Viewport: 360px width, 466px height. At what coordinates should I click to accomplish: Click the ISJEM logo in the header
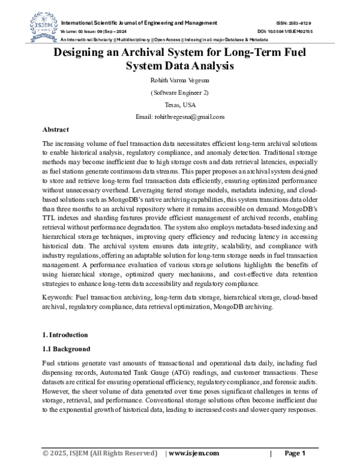click(x=37, y=26)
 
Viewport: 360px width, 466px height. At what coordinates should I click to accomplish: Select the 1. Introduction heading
click(x=65, y=334)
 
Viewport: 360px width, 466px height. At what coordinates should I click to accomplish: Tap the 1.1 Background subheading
click(x=66, y=349)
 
